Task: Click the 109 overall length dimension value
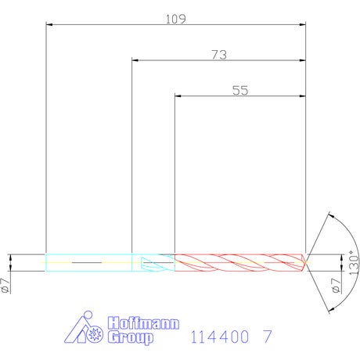click(x=176, y=19)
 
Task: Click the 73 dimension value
click(x=219, y=55)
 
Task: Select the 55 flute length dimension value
click(x=240, y=90)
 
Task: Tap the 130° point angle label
click(x=354, y=263)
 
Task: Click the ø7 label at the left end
click(x=5, y=286)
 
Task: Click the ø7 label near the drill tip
click(x=336, y=286)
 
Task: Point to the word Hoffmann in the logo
click(x=143, y=323)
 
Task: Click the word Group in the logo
click(x=130, y=337)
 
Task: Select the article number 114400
click(x=220, y=337)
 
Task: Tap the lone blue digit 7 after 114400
click(x=268, y=337)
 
